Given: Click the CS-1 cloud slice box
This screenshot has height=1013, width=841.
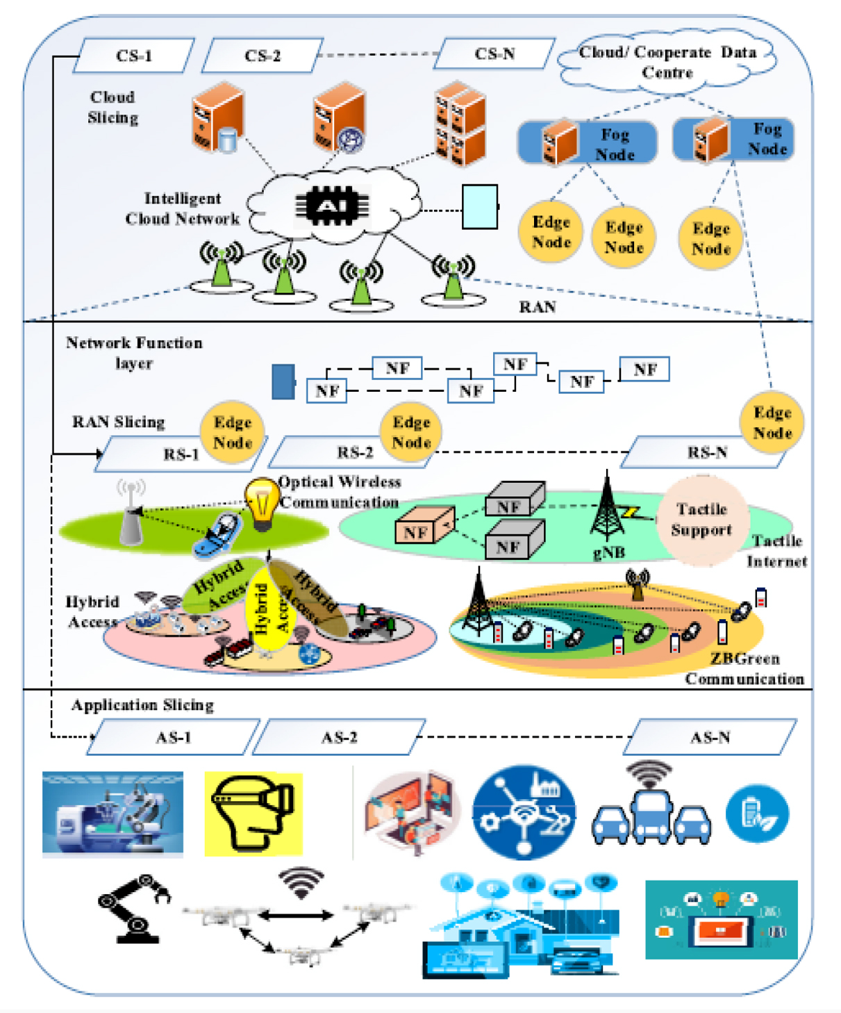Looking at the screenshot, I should (x=133, y=56).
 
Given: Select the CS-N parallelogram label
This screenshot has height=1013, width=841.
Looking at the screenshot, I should (x=494, y=54).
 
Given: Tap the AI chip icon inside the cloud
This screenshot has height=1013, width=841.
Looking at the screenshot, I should (x=332, y=206).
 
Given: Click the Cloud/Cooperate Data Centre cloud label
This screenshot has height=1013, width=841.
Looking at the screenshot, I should (x=667, y=63).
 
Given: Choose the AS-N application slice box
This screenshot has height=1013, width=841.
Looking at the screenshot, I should (x=710, y=738).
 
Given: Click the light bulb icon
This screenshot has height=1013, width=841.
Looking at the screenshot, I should (x=262, y=504).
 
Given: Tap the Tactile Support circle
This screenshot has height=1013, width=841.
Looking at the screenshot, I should (x=701, y=519).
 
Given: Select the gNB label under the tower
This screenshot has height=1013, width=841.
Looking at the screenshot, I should (x=609, y=553).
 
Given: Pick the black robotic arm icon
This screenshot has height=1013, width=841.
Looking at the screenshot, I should (x=133, y=909).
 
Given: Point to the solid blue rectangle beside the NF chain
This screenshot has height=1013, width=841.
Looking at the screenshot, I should (x=283, y=382).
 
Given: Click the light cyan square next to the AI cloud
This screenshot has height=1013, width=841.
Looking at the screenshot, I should (x=480, y=206).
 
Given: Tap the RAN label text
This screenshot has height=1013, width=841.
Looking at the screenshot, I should (x=538, y=307).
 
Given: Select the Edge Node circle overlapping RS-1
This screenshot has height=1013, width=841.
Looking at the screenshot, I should (x=232, y=432).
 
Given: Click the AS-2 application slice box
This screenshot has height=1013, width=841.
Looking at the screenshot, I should (x=339, y=738).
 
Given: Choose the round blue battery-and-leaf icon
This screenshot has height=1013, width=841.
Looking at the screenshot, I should (x=757, y=814).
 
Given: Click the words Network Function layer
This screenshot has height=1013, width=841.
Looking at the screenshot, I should (x=134, y=353).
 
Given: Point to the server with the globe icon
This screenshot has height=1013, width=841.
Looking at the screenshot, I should (x=340, y=118).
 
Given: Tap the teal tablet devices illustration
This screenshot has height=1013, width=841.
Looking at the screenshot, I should (x=721, y=920).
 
